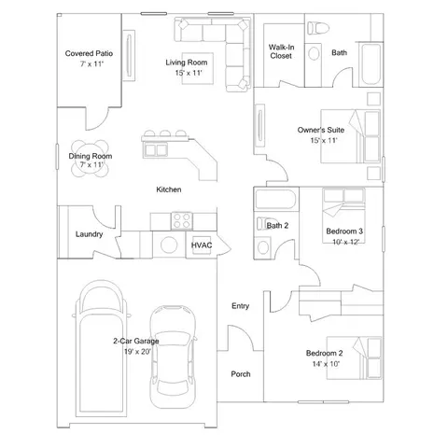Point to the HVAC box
coord(202,245)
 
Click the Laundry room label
coord(89,234)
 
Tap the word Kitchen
coord(169,189)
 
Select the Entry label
coord(240,306)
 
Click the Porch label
coord(240,374)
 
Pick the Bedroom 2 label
coord(325,353)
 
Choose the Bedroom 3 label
coord(344,231)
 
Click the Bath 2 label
coord(277,225)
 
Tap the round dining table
coord(90,159)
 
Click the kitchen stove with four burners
coord(180,221)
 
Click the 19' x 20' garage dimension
coord(136,352)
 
